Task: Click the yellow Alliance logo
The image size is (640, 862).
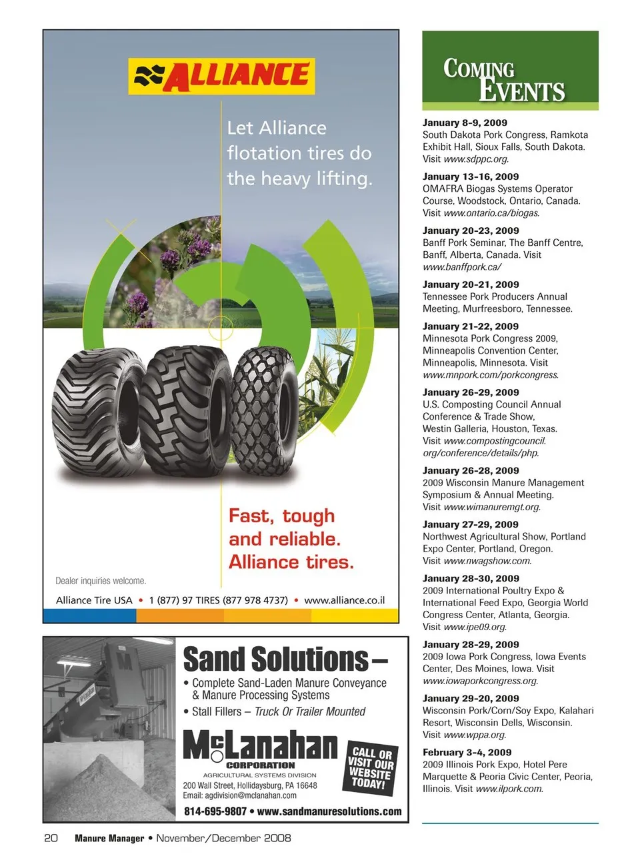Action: (221, 76)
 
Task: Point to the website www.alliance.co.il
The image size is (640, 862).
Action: (344, 600)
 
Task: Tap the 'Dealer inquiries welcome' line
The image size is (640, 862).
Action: (101, 581)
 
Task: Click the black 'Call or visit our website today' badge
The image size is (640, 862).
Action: (371, 768)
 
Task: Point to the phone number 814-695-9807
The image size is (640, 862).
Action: (215, 811)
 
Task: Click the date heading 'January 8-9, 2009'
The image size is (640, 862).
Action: (465, 123)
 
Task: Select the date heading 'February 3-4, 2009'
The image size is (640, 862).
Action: (467, 752)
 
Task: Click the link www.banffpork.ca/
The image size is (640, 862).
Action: (461, 266)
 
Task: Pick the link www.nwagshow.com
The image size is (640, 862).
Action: (487, 560)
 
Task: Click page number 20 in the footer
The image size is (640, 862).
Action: (51, 838)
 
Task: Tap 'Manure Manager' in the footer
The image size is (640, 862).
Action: (109, 838)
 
